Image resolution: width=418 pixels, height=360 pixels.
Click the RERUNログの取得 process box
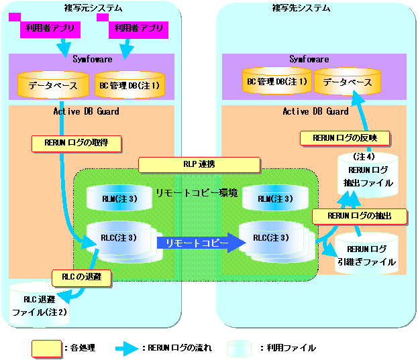coord(76,143)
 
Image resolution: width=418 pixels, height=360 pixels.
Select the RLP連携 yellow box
coord(199,165)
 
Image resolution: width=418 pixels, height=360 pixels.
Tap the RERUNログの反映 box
coord(346,139)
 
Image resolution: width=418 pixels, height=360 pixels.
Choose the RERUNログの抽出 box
coord(360,217)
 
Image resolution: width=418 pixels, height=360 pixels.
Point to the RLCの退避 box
coord(82,278)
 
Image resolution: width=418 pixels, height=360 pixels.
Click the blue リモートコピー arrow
coord(201,243)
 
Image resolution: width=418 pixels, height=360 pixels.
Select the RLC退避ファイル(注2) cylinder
coord(39,305)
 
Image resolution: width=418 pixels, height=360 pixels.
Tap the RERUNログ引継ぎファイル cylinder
coord(366,254)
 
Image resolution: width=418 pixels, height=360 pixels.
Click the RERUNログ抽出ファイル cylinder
coord(368,176)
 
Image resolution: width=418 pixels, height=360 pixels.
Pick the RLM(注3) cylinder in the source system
coord(119,198)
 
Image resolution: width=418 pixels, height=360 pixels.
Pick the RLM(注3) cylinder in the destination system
coord(275,198)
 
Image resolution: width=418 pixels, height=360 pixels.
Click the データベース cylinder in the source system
coord(53,84)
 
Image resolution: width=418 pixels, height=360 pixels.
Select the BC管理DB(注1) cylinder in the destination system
coord(277,80)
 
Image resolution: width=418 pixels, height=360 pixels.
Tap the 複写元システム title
coord(93,8)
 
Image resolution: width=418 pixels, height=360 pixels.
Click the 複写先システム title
coord(301,8)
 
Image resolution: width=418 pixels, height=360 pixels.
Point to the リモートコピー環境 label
coord(197,193)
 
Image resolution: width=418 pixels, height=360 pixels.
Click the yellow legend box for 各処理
coord(47,349)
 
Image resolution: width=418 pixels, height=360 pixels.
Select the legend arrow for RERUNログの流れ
coord(127,349)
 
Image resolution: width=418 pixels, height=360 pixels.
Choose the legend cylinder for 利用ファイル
coord(240,349)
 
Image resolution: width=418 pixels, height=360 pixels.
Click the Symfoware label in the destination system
coord(309,59)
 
